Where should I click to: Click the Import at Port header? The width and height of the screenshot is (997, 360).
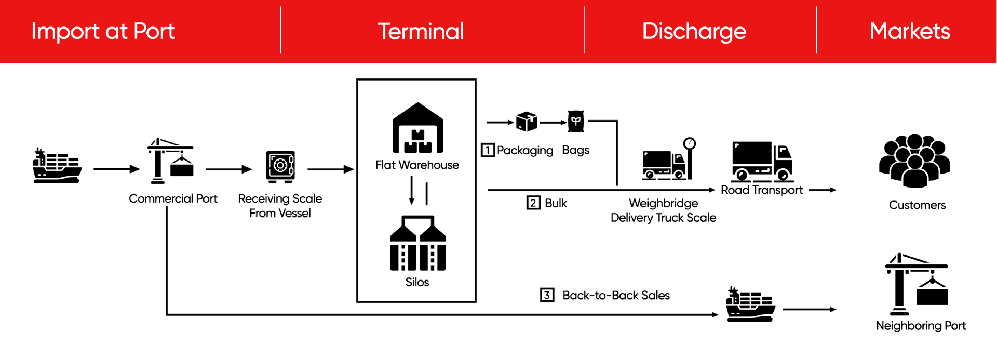click(x=103, y=31)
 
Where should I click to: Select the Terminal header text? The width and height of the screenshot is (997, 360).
click(x=421, y=31)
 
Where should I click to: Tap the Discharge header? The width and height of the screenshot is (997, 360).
click(x=694, y=31)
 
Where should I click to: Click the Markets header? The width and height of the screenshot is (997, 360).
click(x=910, y=31)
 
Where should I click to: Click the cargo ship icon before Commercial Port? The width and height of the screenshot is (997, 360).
click(x=57, y=166)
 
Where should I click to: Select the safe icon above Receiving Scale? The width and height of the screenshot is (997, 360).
click(x=280, y=166)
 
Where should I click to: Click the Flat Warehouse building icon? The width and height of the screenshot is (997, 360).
click(x=417, y=128)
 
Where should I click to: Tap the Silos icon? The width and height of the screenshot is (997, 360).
click(x=417, y=243)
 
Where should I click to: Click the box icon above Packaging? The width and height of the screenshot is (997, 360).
click(x=527, y=122)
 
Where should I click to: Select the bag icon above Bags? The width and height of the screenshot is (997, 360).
click(x=576, y=122)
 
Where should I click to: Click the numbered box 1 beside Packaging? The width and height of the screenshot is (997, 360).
click(x=488, y=150)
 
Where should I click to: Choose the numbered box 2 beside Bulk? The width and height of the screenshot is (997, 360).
click(x=533, y=203)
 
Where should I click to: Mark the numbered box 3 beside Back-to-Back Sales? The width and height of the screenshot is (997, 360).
click(x=547, y=295)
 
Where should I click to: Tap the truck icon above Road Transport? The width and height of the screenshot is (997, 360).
click(x=762, y=161)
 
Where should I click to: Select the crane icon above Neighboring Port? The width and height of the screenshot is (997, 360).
click(x=917, y=284)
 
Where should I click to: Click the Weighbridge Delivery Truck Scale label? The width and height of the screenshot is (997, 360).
click(x=663, y=210)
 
